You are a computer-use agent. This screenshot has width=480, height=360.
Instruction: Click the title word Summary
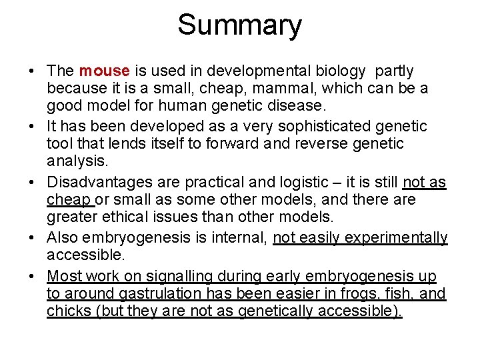coord(239,26)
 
